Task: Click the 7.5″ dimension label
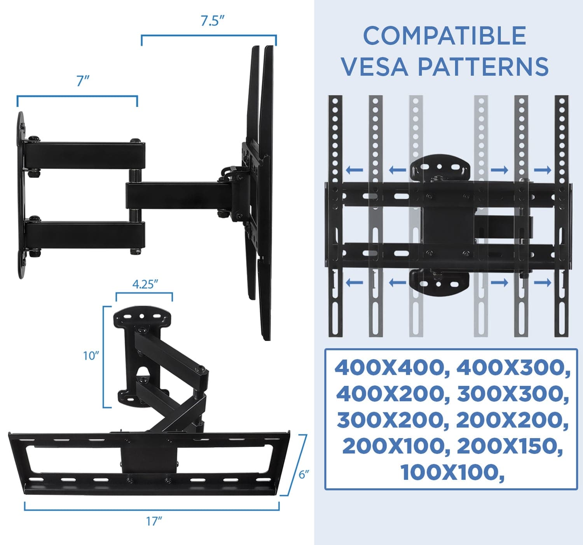point(213,21)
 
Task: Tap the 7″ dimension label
point(83,81)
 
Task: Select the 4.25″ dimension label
point(145,284)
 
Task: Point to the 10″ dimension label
point(91,356)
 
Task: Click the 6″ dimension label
point(304,474)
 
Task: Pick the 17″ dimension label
point(154,521)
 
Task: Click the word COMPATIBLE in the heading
point(445,36)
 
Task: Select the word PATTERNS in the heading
point(483,67)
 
